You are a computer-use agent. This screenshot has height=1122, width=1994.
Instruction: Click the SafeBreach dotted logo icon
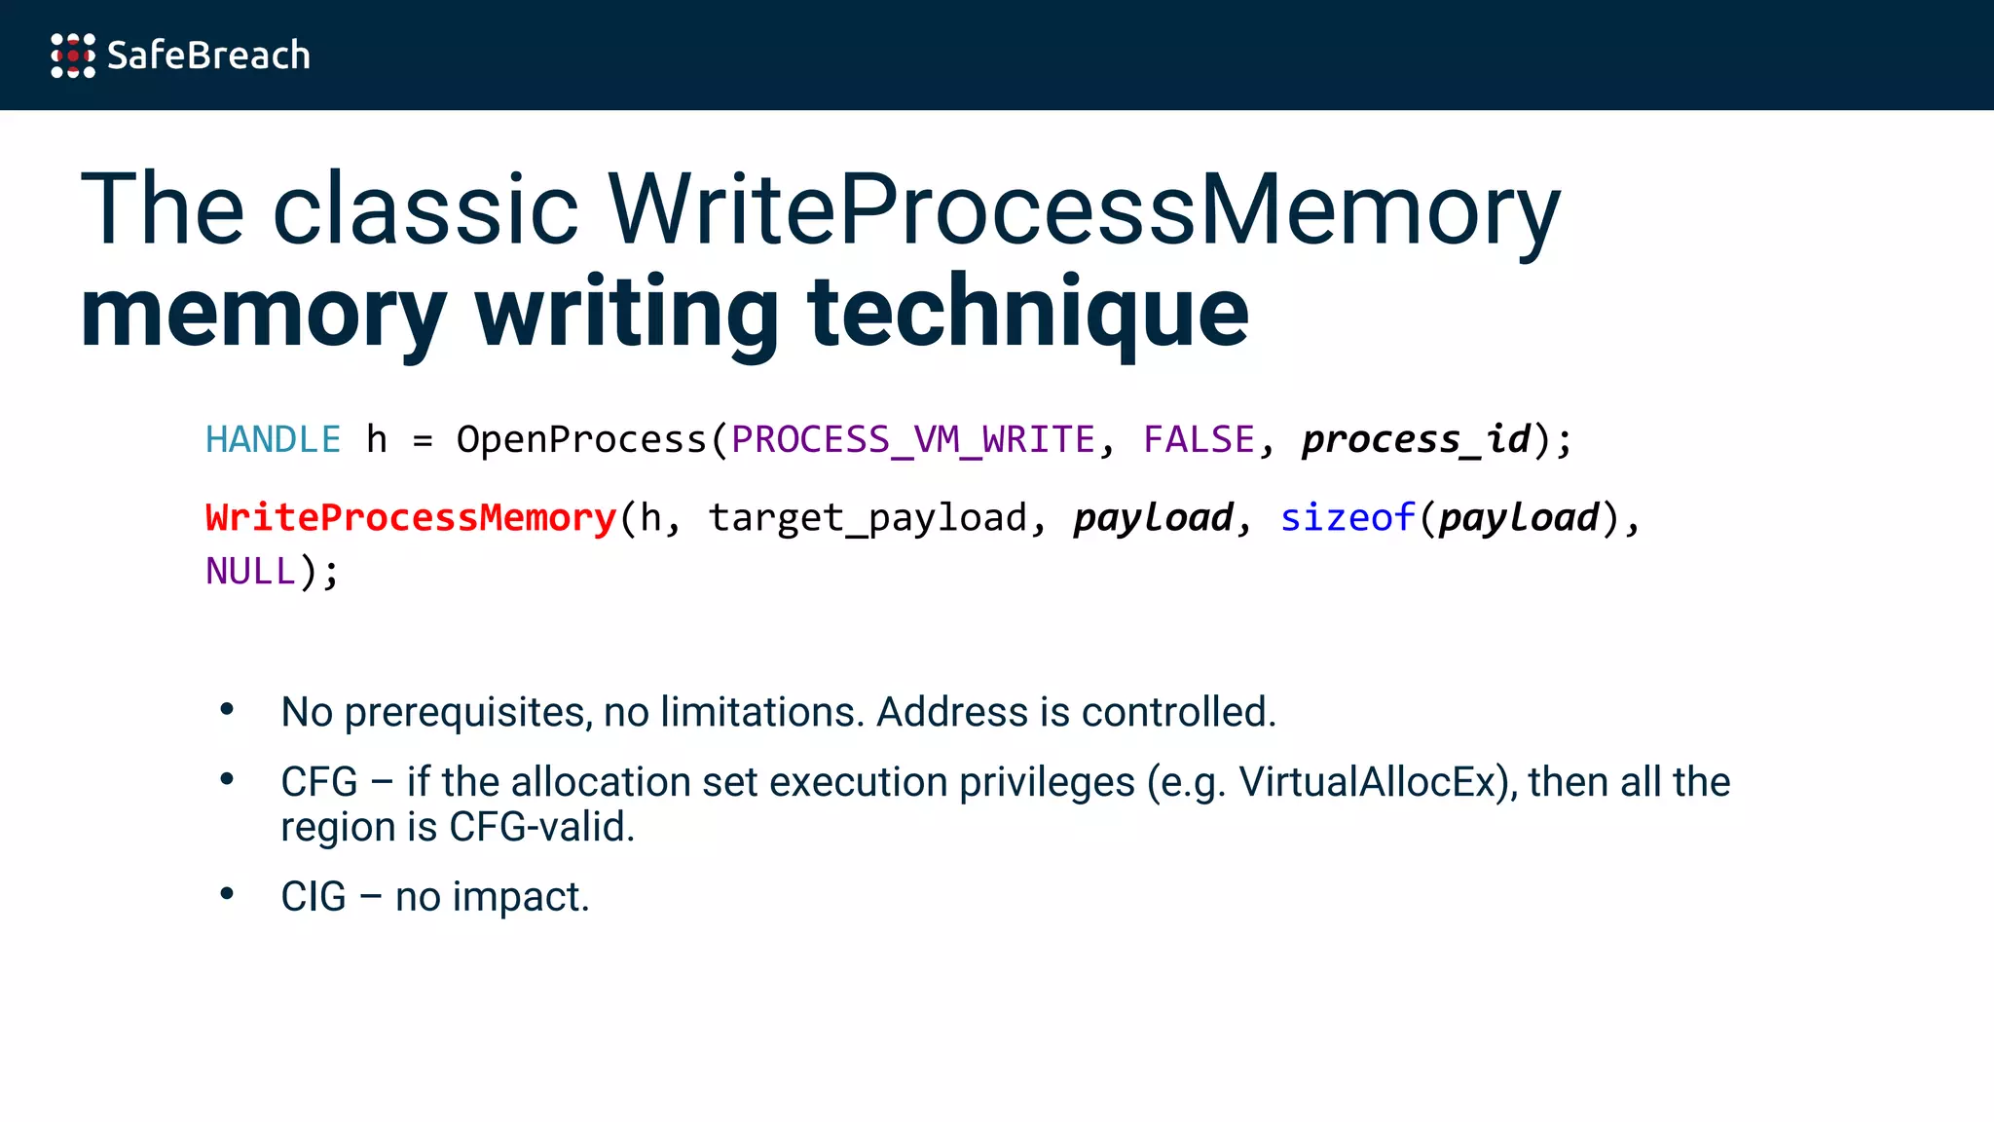[73, 56]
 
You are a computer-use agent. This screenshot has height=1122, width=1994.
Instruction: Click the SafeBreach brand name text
[208, 56]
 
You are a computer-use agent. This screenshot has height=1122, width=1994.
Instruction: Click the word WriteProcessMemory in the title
[1084, 209]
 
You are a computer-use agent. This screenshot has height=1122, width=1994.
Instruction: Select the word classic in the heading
[425, 209]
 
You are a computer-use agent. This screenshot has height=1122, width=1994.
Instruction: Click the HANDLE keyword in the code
[273, 440]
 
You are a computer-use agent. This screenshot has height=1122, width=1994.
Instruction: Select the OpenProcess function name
[581, 440]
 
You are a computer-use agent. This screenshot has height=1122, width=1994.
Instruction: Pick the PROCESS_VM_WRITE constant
[913, 440]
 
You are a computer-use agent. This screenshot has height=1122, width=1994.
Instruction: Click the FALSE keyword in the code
[1199, 440]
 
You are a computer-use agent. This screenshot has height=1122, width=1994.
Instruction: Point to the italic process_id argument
[1417, 440]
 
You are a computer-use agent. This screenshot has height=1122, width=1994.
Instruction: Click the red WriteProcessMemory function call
[411, 518]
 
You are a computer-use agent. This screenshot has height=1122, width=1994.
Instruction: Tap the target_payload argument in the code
[868, 518]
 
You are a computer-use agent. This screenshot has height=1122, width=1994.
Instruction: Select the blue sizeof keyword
[1347, 518]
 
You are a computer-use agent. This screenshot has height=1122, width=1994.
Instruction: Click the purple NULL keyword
[250, 572]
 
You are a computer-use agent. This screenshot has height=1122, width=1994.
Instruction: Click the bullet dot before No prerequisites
[227, 710]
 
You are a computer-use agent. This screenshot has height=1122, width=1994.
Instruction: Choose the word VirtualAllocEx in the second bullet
[1372, 782]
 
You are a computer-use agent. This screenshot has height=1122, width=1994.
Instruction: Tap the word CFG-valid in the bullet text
[541, 828]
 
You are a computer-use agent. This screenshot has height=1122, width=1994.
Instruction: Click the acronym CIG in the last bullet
[314, 897]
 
